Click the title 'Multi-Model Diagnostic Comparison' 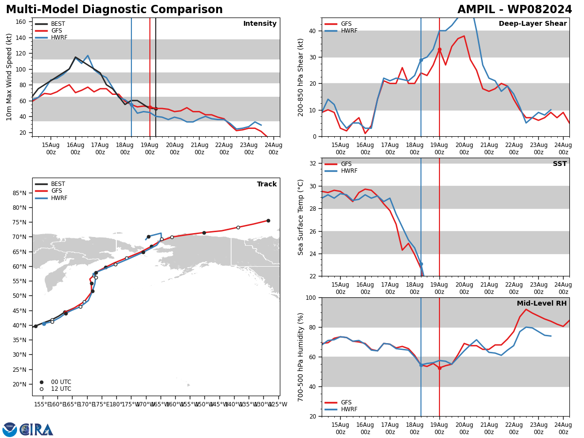tap(114, 10)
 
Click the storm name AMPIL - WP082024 tap(514, 10)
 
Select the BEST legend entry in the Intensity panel tap(50, 24)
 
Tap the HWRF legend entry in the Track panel tap(51, 198)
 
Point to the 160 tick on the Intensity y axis tap(20, 22)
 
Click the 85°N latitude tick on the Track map tap(19, 193)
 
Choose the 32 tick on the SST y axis tap(312, 164)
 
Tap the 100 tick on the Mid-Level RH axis tap(311, 297)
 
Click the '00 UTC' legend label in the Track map tap(61, 382)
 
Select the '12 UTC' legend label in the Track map tap(61, 389)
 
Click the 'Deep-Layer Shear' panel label tap(532, 24)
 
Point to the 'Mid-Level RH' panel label tap(542, 303)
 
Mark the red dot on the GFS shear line tap(439, 50)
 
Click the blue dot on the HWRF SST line tap(421, 264)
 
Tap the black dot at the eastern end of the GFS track tap(268, 221)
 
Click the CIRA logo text tap(36, 430)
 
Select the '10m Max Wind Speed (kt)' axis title tap(9, 77)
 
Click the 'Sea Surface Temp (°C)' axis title tap(300, 217)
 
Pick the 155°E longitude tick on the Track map tap(42, 404)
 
